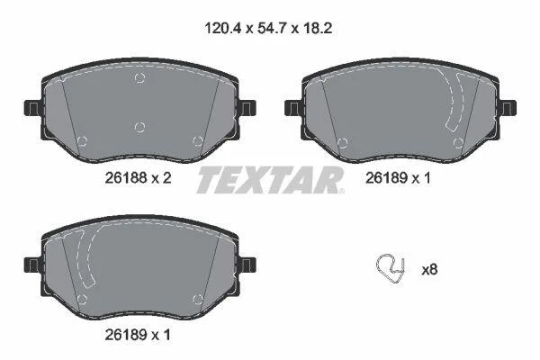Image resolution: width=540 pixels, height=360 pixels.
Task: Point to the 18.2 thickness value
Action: (x=318, y=28)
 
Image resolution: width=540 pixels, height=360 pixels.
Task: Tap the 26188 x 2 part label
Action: (x=138, y=178)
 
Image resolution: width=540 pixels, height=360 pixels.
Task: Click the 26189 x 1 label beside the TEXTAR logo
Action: (x=398, y=178)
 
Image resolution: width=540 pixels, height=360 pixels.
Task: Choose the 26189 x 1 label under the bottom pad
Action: (x=138, y=335)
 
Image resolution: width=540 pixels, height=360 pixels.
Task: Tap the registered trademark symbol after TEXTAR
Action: (x=341, y=191)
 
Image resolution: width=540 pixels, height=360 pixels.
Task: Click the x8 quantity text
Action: (x=429, y=270)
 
